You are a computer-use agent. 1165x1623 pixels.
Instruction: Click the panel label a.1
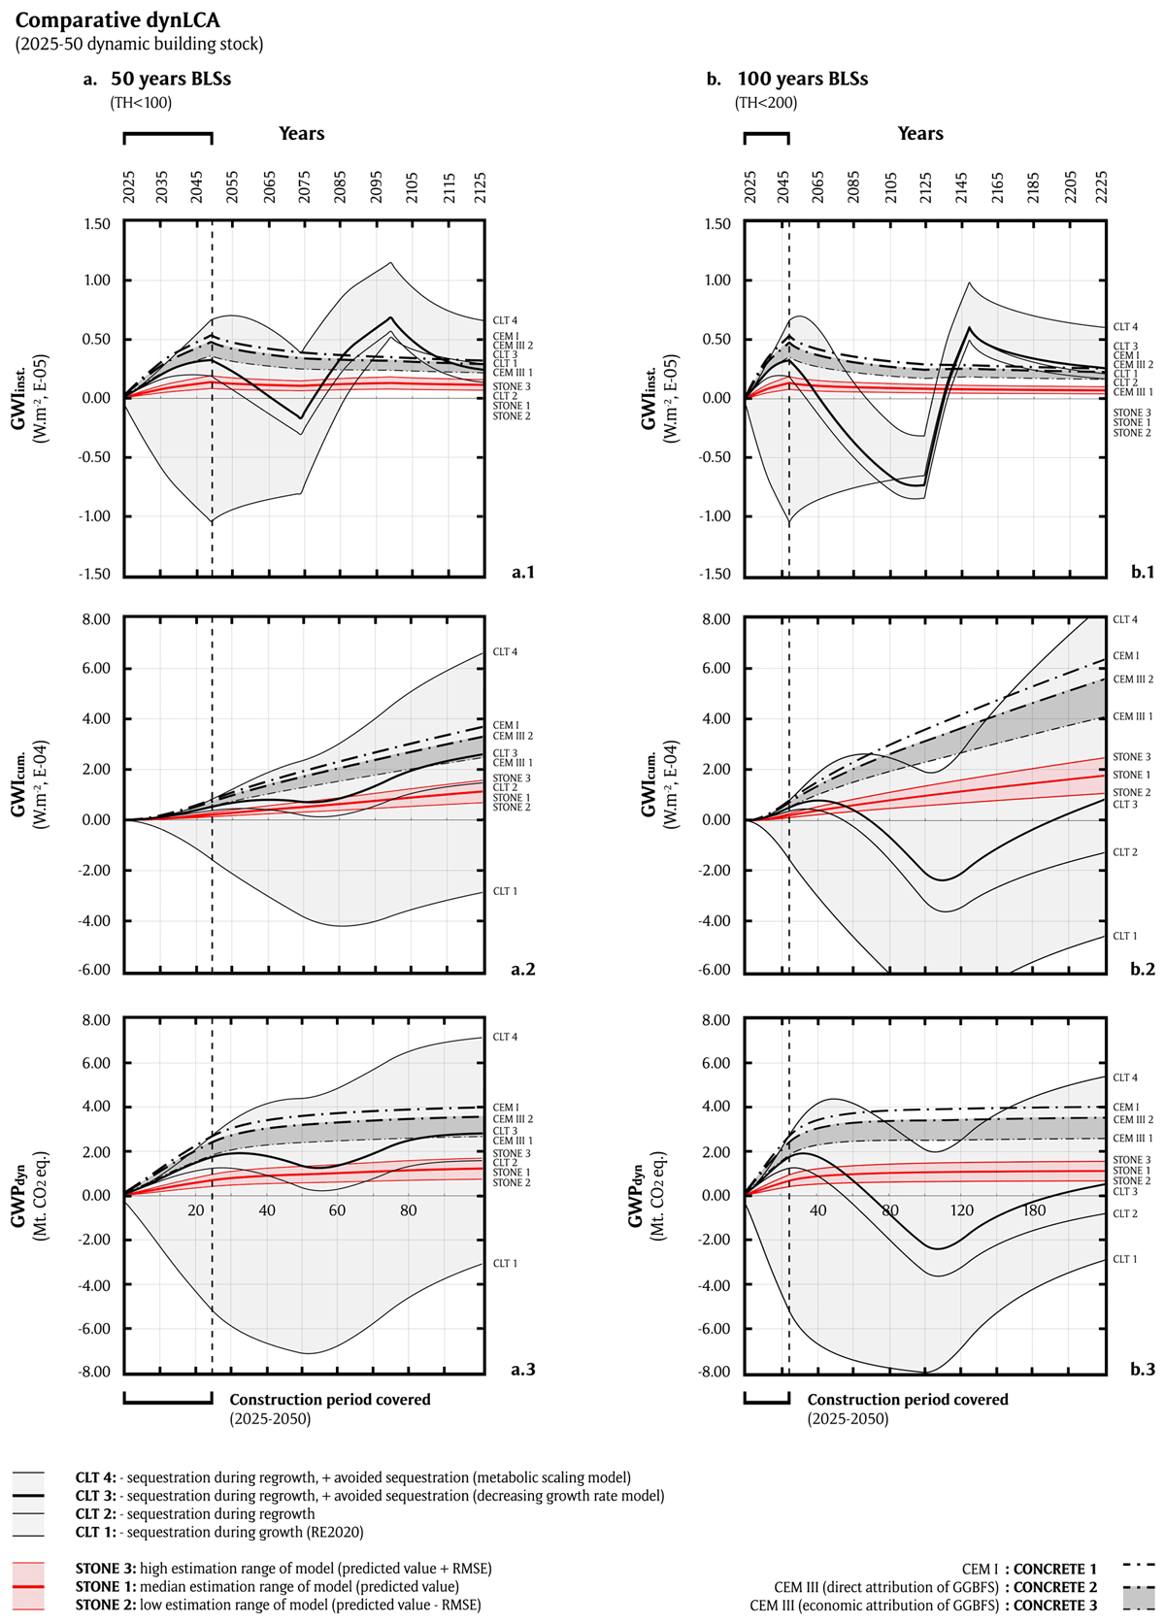click(x=523, y=572)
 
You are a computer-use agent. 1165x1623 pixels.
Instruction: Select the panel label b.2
click(x=1143, y=969)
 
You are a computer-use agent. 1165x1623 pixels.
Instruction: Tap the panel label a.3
click(x=523, y=1369)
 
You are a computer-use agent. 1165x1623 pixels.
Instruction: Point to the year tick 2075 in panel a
click(x=305, y=186)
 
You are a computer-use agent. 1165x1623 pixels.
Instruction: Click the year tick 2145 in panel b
click(x=961, y=186)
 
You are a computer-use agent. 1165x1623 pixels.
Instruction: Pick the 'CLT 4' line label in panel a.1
click(x=505, y=320)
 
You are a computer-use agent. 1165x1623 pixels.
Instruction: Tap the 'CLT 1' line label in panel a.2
click(x=505, y=891)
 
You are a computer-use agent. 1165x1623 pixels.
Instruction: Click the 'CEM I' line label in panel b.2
click(x=1125, y=656)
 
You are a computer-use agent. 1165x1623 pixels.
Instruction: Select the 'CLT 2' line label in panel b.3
click(x=1125, y=1213)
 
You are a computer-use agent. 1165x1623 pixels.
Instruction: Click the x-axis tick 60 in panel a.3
click(x=337, y=1210)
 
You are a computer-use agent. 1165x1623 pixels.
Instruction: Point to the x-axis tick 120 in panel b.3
click(x=962, y=1210)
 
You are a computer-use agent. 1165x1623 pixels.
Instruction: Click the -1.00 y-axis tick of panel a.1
click(x=94, y=515)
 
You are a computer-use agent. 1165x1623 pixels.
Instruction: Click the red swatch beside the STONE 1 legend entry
click(x=28, y=1586)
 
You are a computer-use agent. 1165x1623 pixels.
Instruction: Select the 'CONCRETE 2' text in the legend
click(x=1055, y=1587)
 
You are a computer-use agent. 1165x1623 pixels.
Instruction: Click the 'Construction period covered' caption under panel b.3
click(x=908, y=1400)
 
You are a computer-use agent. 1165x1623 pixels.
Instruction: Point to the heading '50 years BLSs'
click(x=171, y=79)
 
